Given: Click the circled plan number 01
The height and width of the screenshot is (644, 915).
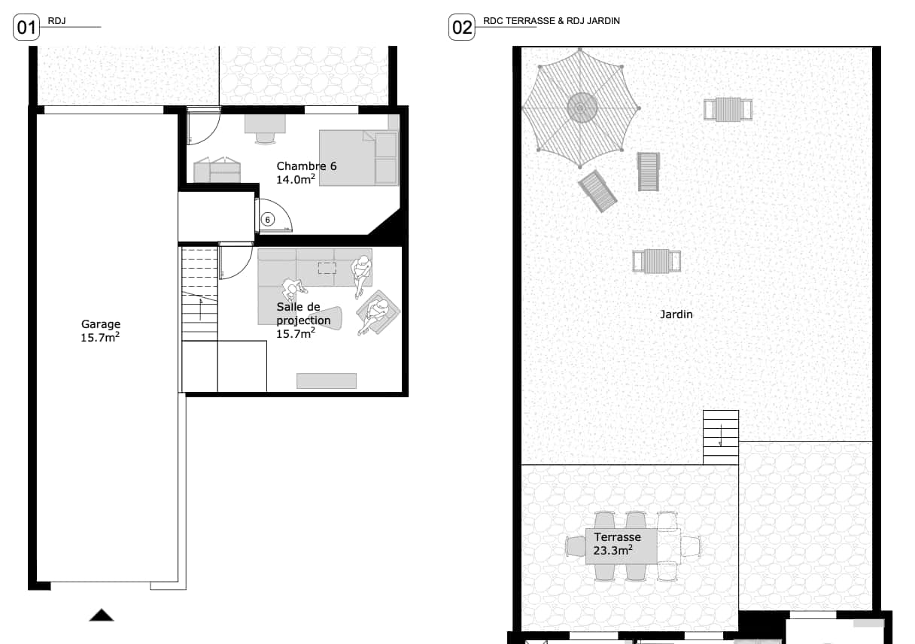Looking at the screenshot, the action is pos(26,27).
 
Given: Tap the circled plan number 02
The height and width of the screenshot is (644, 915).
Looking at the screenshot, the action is pos(461,27).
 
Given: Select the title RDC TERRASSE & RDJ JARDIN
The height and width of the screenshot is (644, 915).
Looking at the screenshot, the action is pos(552,21).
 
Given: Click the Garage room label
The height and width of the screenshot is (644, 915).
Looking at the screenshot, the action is pos(101,324).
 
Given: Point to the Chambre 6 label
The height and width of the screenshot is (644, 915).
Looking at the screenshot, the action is pos(306,166).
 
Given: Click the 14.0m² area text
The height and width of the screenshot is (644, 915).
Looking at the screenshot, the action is pos(296,179).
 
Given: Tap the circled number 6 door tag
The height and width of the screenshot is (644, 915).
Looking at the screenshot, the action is pos(268,220).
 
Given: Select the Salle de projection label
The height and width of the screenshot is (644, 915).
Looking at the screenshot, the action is pos(303,314).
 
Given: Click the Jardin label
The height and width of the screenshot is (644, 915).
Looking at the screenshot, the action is pos(676,314).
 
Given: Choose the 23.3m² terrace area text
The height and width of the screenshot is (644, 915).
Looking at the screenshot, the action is pos(613,551).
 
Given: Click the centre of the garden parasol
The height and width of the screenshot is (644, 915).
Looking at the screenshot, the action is pos(580,108).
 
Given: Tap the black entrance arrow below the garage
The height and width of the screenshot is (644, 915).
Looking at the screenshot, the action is pos(102,615).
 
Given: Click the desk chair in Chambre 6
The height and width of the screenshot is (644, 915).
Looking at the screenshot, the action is pos(265,138).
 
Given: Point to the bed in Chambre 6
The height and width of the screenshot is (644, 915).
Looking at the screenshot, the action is pos(359,158).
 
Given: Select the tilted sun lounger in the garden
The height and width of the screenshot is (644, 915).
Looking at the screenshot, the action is pos(597,191).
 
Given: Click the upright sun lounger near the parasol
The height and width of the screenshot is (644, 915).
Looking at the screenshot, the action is pos(649,172).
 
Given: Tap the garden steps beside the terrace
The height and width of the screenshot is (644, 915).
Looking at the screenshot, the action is pos(721,437).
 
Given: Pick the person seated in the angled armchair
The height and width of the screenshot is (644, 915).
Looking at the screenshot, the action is pos(374,314).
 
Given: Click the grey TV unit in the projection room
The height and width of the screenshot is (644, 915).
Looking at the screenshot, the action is pos(327,381).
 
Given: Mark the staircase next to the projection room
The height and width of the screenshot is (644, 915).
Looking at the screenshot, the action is pos(199,294).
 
